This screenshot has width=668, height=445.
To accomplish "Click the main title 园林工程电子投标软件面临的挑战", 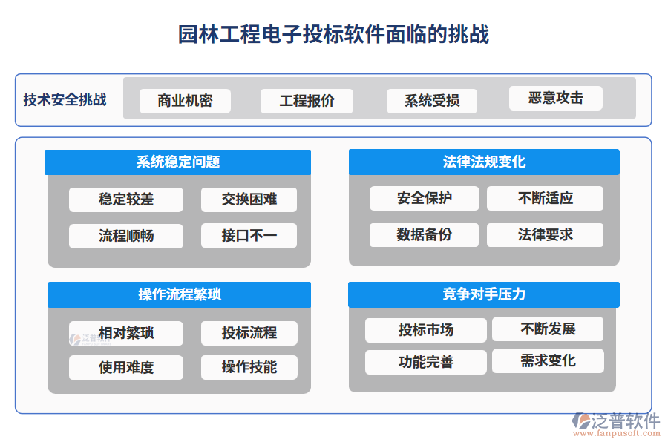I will click(x=333, y=34).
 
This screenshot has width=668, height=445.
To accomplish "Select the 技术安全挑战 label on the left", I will click(x=65, y=100).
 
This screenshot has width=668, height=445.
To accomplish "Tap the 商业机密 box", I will click(x=185, y=101).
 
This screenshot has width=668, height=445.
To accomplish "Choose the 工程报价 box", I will click(x=307, y=101).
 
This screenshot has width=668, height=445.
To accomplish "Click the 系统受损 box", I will click(x=431, y=101).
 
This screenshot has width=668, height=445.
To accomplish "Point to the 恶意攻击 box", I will click(x=555, y=98).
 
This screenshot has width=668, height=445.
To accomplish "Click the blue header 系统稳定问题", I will click(x=178, y=162).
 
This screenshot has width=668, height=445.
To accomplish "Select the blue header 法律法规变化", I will click(x=484, y=162).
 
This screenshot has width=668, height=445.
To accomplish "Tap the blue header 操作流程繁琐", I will click(x=179, y=294).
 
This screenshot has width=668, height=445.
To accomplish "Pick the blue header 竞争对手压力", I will click(x=484, y=294).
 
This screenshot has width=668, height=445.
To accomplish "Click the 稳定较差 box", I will click(x=126, y=200).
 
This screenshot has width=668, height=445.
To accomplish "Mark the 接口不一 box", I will click(x=249, y=236).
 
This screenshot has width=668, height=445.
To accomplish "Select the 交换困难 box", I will click(x=249, y=200).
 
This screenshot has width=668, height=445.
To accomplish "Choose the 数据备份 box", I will click(x=424, y=235).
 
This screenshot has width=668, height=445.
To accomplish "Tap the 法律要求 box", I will click(x=545, y=235).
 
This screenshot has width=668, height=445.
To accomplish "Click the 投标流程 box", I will click(x=249, y=333).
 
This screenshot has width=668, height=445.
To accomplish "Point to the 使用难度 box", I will click(x=126, y=367).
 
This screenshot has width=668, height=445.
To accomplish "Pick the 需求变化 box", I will click(x=548, y=361).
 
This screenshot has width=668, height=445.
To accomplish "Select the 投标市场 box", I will click(x=425, y=330).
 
